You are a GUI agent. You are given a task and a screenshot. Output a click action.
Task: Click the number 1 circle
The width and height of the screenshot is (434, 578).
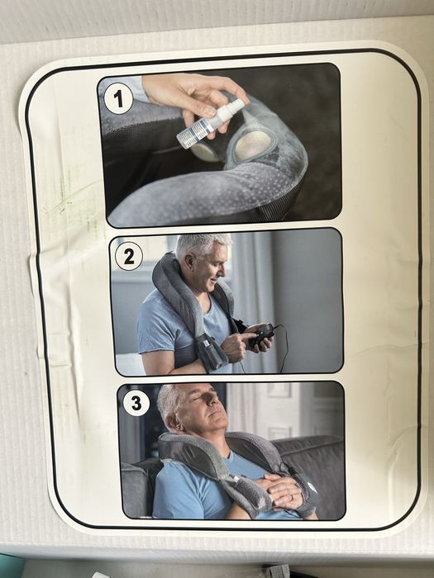pos(119,99)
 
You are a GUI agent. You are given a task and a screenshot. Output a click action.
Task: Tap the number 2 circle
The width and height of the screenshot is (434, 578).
pos(129,256)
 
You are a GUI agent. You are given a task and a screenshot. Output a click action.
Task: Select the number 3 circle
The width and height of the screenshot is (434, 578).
pos(136,404)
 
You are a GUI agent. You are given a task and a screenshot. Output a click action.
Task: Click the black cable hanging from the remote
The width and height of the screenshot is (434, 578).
pos(285,351)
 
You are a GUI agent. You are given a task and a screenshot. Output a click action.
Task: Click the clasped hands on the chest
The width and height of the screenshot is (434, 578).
pos(285,492)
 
